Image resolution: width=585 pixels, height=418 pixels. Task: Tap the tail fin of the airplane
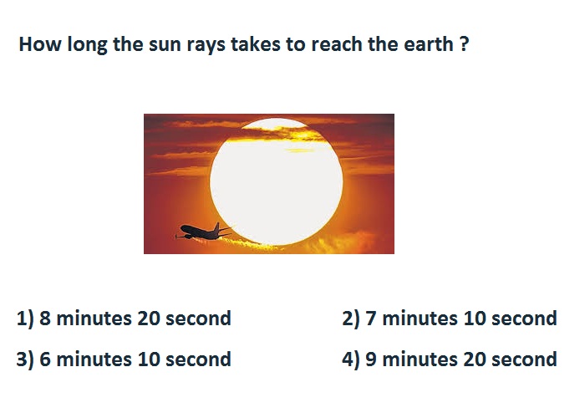point(216,227)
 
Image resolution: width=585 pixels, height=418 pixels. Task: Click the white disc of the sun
point(277,181)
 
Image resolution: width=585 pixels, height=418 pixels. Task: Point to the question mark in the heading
point(464,44)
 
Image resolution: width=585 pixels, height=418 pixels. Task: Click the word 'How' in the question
point(40,44)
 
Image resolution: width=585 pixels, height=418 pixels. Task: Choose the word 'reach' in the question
point(338,44)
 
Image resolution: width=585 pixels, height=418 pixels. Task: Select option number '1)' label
point(25,319)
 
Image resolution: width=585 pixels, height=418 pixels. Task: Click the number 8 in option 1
point(45,319)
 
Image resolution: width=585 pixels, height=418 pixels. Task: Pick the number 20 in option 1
point(149,319)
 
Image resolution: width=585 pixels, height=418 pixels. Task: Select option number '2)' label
point(351,319)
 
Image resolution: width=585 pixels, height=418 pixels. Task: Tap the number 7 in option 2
point(371,319)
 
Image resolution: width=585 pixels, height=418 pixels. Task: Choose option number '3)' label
point(25,359)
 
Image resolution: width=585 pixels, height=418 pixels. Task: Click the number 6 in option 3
point(45,359)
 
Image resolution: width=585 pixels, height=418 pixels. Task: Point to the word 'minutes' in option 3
point(94,359)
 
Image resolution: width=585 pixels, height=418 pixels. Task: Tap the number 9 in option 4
point(371,359)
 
